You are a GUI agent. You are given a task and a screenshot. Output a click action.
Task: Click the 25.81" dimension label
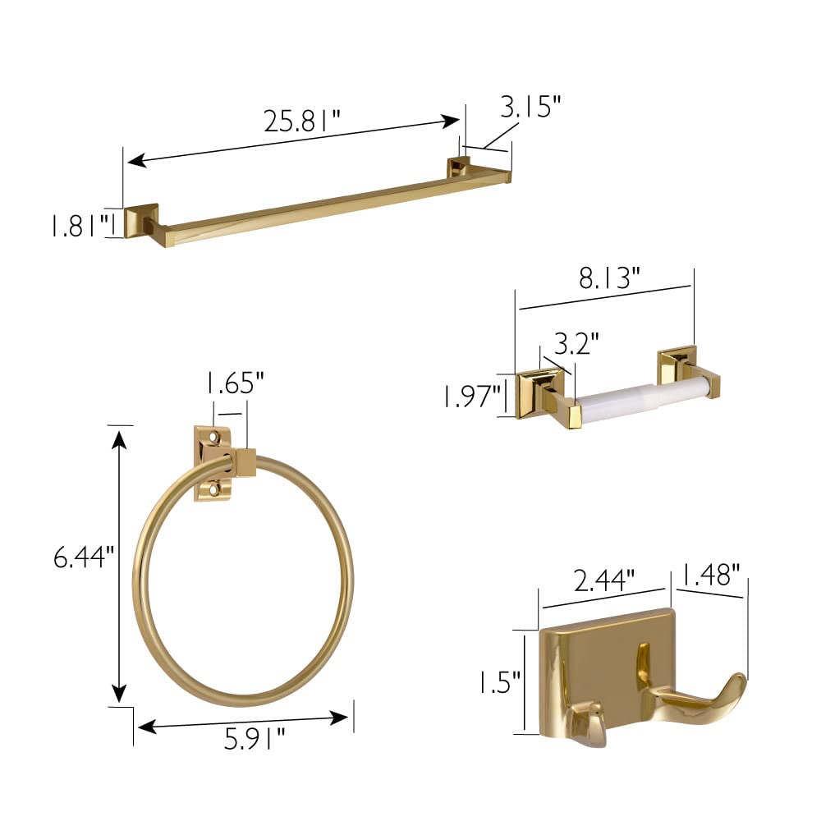(x=301, y=122)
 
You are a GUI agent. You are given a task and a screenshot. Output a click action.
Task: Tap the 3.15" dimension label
(x=531, y=107)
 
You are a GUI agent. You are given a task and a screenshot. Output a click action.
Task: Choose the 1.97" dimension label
(x=471, y=397)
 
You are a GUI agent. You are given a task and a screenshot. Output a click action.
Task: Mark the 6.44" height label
(x=80, y=558)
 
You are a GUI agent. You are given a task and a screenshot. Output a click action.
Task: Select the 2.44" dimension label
(x=603, y=581)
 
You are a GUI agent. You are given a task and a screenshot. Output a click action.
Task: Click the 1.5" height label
(x=501, y=681)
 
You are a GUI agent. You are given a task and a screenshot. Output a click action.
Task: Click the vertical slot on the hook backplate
(x=641, y=661)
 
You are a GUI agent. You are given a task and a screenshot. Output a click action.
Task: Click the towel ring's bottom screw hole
(x=215, y=488)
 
